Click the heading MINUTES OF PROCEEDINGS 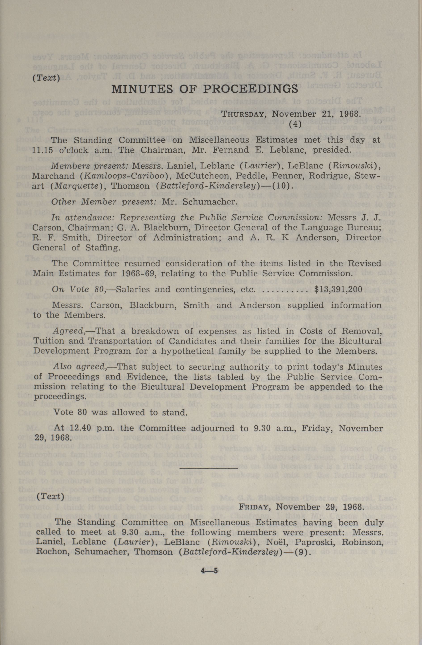click(x=205, y=89)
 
